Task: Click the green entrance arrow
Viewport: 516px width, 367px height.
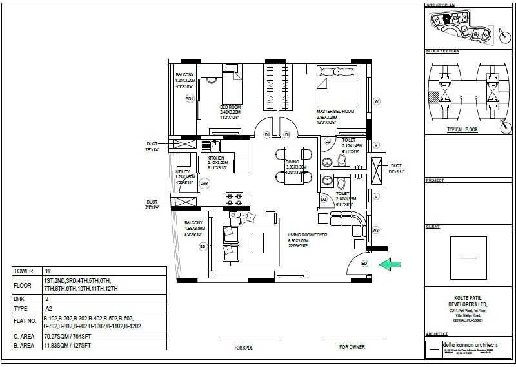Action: [x=390, y=264]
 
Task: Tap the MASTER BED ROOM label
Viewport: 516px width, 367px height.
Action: [x=335, y=111]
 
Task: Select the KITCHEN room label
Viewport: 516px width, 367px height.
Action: [x=215, y=158]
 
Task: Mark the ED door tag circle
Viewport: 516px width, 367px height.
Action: [x=364, y=264]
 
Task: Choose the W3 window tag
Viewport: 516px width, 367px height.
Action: [x=376, y=229]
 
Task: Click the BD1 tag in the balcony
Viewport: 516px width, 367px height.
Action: [x=190, y=98]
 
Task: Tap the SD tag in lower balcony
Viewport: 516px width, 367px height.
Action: [x=203, y=246]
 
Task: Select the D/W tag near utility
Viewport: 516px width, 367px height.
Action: [x=204, y=184]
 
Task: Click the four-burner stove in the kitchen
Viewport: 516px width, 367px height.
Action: [x=233, y=197]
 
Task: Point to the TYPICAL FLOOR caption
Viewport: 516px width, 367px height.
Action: [x=462, y=130]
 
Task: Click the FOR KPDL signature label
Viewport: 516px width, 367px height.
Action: [x=243, y=347]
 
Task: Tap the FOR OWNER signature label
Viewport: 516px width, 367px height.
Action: [x=352, y=347]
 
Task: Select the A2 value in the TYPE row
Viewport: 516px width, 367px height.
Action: [x=47, y=309]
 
